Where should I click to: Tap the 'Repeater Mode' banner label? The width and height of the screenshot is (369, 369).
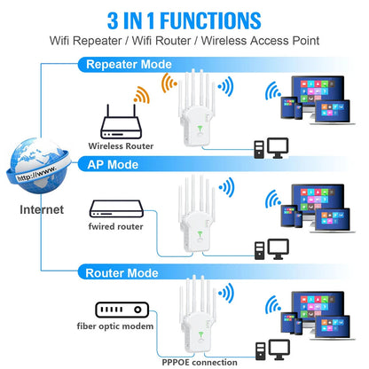click(x=128, y=64)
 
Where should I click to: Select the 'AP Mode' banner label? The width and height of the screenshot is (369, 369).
click(x=112, y=164)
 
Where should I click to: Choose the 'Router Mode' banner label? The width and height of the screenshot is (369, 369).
click(x=122, y=271)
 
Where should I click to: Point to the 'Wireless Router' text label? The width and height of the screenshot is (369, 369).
click(x=121, y=145)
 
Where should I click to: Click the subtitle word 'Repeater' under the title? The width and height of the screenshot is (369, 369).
click(x=120, y=41)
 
